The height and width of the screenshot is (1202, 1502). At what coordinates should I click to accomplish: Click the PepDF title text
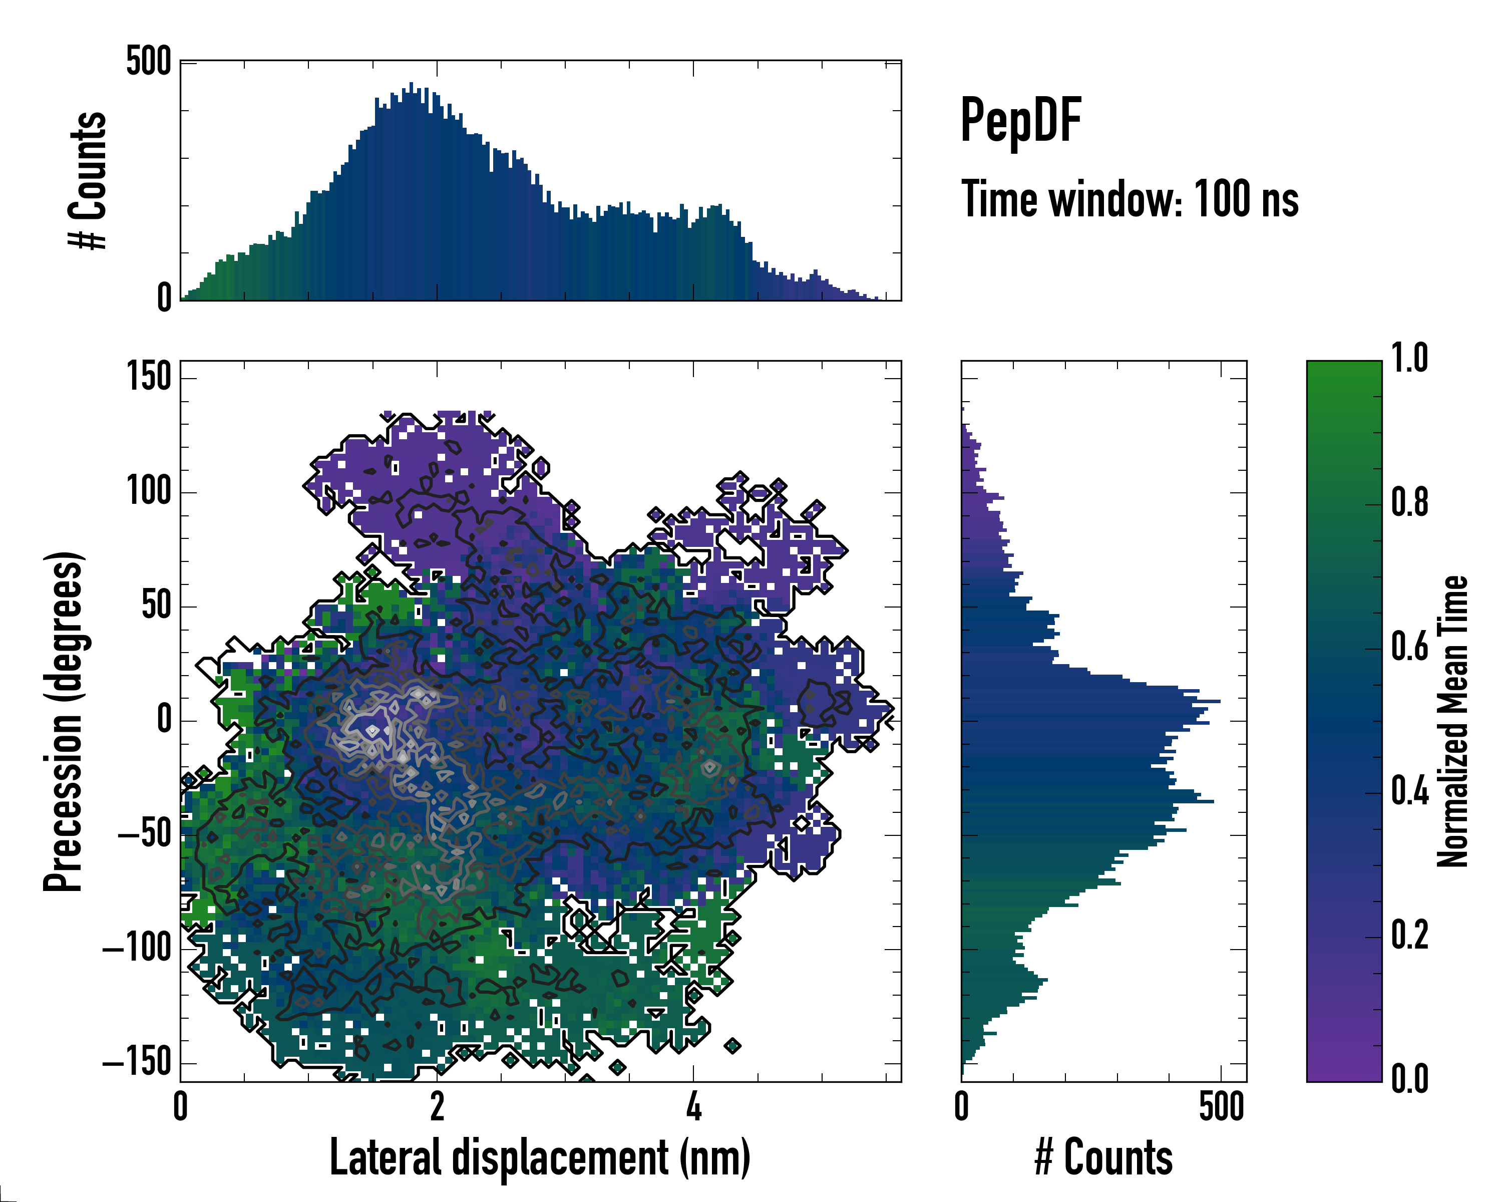point(1020,121)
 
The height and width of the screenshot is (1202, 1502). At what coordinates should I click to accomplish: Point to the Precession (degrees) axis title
point(64,721)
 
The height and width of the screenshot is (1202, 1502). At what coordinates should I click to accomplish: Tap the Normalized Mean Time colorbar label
point(1452,721)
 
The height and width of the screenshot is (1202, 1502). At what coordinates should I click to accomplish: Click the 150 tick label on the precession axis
point(148,377)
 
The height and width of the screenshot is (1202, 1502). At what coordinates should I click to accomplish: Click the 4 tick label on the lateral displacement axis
point(693,1106)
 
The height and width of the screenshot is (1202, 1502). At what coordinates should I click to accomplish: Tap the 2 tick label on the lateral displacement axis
point(437,1106)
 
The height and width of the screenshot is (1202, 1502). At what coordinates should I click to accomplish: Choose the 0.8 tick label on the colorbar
point(1409,502)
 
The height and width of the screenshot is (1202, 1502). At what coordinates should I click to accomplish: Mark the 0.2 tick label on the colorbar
point(1409,935)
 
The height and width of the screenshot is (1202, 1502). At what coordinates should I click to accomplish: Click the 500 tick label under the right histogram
point(1221,1106)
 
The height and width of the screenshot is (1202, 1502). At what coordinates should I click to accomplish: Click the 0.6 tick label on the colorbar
point(1409,646)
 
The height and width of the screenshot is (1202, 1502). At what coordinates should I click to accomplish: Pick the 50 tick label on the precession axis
point(156,606)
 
